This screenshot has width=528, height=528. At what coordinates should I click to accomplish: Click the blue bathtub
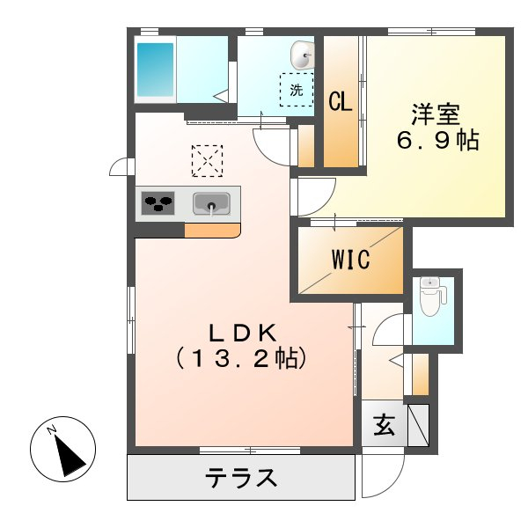[x=154, y=70]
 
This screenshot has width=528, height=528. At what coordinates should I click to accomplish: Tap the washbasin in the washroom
[x=302, y=55]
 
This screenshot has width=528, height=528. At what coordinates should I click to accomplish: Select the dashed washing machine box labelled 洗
[x=297, y=89]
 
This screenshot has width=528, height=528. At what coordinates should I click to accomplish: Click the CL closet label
[x=341, y=102]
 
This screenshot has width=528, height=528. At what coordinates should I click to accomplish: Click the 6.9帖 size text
[x=436, y=141]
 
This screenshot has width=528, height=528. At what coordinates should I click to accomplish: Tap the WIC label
[x=351, y=260]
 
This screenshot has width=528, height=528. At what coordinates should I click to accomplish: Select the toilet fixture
[x=430, y=297]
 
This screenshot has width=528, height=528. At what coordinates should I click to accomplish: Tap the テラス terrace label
[x=242, y=479]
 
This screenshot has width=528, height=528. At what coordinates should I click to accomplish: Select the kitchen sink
[x=211, y=204]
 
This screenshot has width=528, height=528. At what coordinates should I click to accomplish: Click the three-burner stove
[x=159, y=204]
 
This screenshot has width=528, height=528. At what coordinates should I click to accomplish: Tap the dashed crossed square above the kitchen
[x=208, y=161]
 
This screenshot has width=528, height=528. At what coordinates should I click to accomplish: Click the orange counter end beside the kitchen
[x=212, y=231]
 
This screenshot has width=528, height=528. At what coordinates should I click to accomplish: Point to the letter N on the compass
[x=51, y=430]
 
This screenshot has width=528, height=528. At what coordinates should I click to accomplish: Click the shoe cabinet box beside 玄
[x=417, y=426]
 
